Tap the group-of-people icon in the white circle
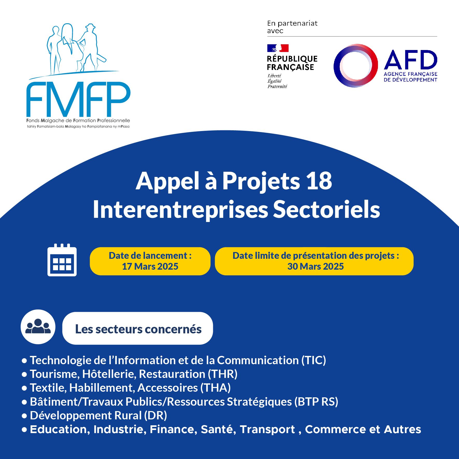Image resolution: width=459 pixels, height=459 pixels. [x=38, y=326]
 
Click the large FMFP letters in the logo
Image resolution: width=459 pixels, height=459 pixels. [x=78, y=99]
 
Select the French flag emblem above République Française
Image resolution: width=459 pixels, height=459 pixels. [x=278, y=48]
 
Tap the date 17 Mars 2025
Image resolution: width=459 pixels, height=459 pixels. [x=150, y=266]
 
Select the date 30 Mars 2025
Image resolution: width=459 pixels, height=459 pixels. [x=315, y=266]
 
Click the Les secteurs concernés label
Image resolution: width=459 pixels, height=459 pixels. [x=138, y=329]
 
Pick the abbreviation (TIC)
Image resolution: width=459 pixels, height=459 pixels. [x=314, y=360]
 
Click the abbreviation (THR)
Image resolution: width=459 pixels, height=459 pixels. [x=223, y=374]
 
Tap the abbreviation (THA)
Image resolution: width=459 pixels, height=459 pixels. [x=216, y=388]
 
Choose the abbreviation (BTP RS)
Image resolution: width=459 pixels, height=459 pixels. [x=316, y=402]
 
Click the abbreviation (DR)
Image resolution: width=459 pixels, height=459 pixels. [x=155, y=415]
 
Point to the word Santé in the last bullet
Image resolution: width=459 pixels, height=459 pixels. [x=218, y=429]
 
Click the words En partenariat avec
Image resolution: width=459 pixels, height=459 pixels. [x=292, y=27]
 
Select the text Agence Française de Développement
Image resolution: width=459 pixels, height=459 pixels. [x=411, y=77]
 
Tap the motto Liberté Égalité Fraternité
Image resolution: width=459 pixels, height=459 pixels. [x=277, y=81]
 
